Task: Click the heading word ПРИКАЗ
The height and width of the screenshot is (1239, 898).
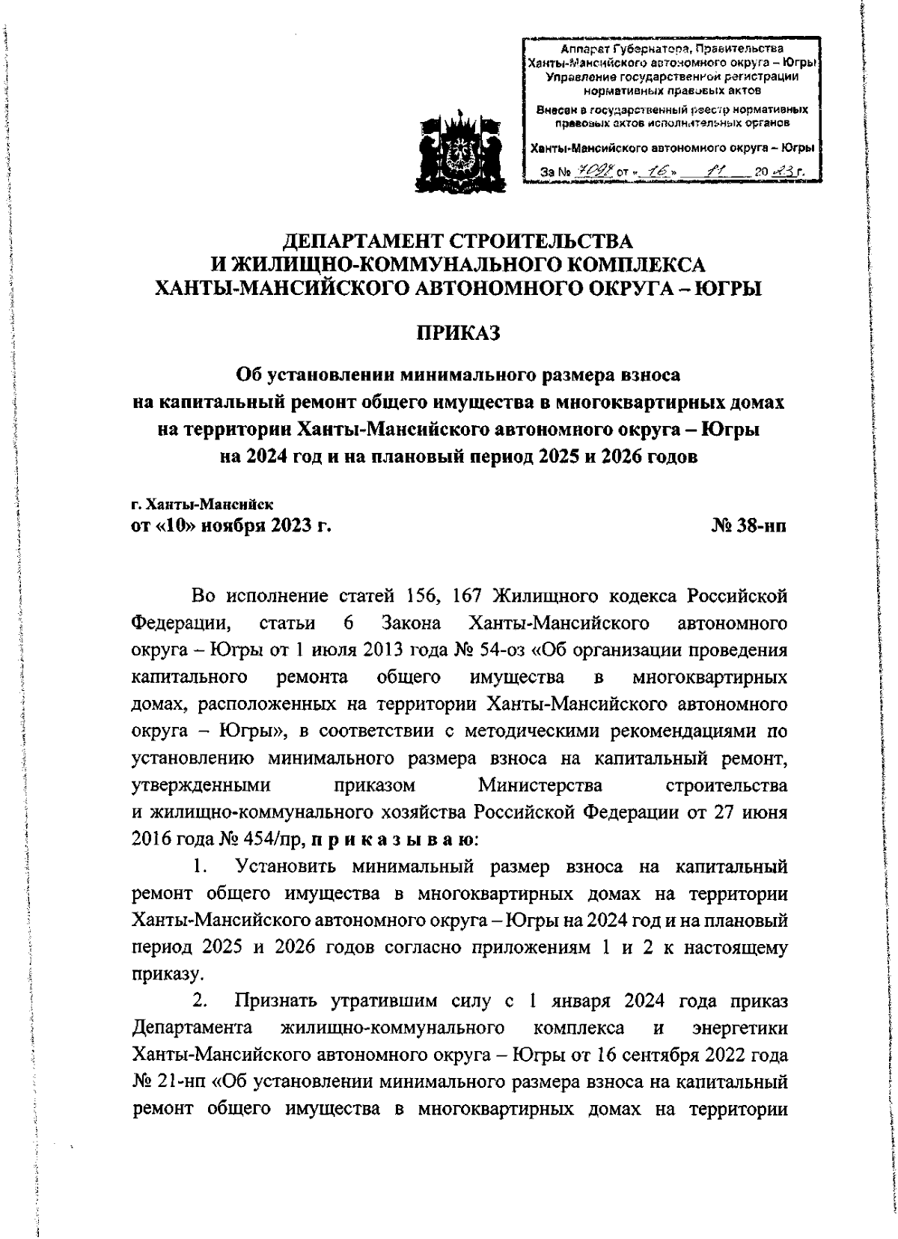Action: (457, 332)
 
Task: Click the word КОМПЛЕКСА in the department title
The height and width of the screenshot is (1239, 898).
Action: (626, 264)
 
